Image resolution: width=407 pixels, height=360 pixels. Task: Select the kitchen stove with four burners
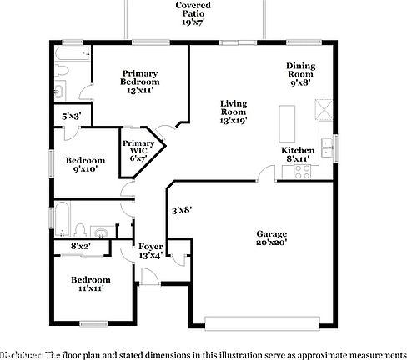coord(302,171)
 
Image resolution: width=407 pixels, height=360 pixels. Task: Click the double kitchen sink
coord(329,147)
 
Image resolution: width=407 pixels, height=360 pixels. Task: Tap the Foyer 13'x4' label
coord(151,251)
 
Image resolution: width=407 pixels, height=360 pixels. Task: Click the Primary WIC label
coord(138,150)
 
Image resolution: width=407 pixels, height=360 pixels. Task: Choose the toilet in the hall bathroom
coord(81,229)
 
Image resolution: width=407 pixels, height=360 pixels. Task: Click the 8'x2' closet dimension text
coord(80,246)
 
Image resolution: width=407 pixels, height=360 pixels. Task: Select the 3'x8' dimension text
coord(182,210)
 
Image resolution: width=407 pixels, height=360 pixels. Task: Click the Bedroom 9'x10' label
coord(87,163)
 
